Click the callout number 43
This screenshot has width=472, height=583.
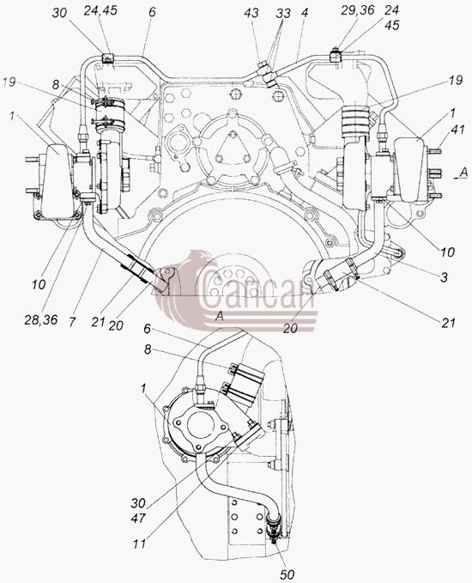pyautogui.click(x=251, y=14)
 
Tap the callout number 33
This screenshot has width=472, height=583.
pyautogui.click(x=283, y=14)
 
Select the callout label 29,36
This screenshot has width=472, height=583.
pyautogui.click(x=358, y=10)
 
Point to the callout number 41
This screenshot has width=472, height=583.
pyautogui.click(x=457, y=130)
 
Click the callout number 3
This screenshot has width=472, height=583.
pyautogui.click(x=444, y=277)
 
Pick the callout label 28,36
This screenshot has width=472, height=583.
pyautogui.click(x=41, y=319)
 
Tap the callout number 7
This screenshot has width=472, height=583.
pyautogui.click(x=72, y=322)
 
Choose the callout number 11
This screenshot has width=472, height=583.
pyautogui.click(x=140, y=544)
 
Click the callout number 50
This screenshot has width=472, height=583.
pyautogui.click(x=287, y=574)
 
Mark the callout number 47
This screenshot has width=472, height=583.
pyautogui.click(x=138, y=518)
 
